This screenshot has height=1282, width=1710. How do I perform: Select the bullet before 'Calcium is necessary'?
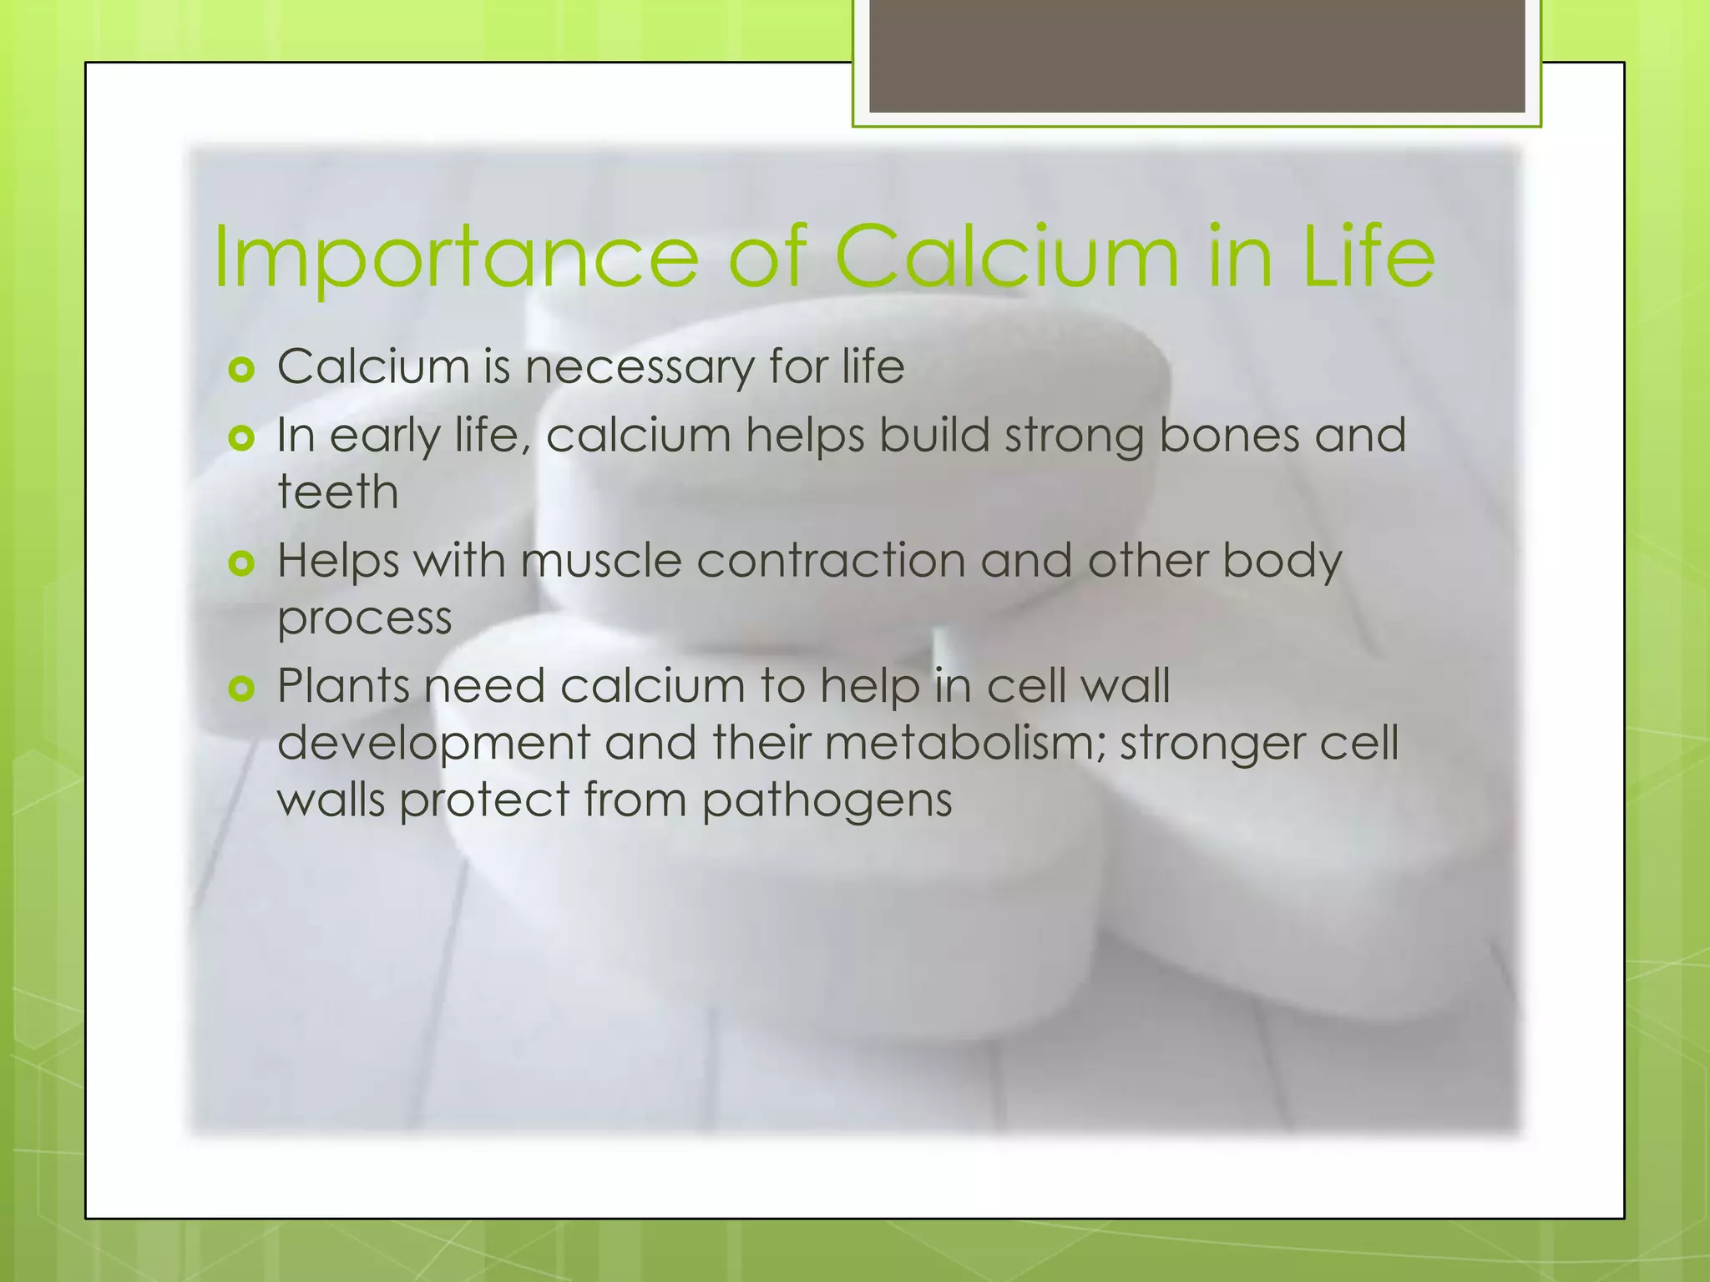(x=240, y=369)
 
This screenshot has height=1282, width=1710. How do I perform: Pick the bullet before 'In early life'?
(x=240, y=437)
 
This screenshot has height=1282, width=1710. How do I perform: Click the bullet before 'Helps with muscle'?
(x=240, y=563)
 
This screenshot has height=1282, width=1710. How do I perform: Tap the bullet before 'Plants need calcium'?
(x=240, y=689)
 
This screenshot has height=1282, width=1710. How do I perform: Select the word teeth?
(x=338, y=492)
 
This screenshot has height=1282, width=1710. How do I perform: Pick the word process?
(x=364, y=619)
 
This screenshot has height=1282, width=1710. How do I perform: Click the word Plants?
(x=343, y=686)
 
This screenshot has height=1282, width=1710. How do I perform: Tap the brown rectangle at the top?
(x=1196, y=55)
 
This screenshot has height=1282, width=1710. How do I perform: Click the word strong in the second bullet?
(x=1074, y=437)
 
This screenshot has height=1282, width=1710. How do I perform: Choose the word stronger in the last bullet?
(x=1212, y=744)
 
